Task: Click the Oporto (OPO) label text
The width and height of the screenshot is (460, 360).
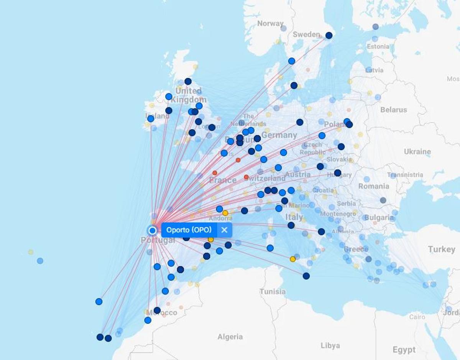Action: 189,230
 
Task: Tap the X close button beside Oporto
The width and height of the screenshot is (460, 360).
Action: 224,230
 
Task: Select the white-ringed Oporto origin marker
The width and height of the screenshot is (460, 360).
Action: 153,230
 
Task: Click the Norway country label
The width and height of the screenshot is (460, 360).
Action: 270,23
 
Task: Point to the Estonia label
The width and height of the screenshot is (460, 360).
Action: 378,46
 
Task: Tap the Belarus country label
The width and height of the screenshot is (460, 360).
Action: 393,110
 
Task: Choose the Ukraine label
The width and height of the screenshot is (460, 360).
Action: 417,151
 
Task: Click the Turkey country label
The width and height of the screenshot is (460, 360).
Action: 442,249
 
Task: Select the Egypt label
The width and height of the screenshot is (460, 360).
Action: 404,350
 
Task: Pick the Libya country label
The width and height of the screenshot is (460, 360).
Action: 330,345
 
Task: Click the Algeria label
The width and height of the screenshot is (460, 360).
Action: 230,337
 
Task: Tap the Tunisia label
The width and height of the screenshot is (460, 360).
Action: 273,291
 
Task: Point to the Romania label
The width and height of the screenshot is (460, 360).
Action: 374,186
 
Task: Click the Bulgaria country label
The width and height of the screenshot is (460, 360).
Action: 379,218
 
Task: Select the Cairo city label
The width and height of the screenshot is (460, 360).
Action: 417,317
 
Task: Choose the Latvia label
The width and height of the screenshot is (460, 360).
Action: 375,71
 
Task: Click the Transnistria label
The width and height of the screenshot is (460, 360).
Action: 405,175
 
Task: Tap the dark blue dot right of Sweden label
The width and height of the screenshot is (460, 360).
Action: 329,35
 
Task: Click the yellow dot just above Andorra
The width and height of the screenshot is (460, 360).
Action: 225,213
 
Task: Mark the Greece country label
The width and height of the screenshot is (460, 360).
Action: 356,249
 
